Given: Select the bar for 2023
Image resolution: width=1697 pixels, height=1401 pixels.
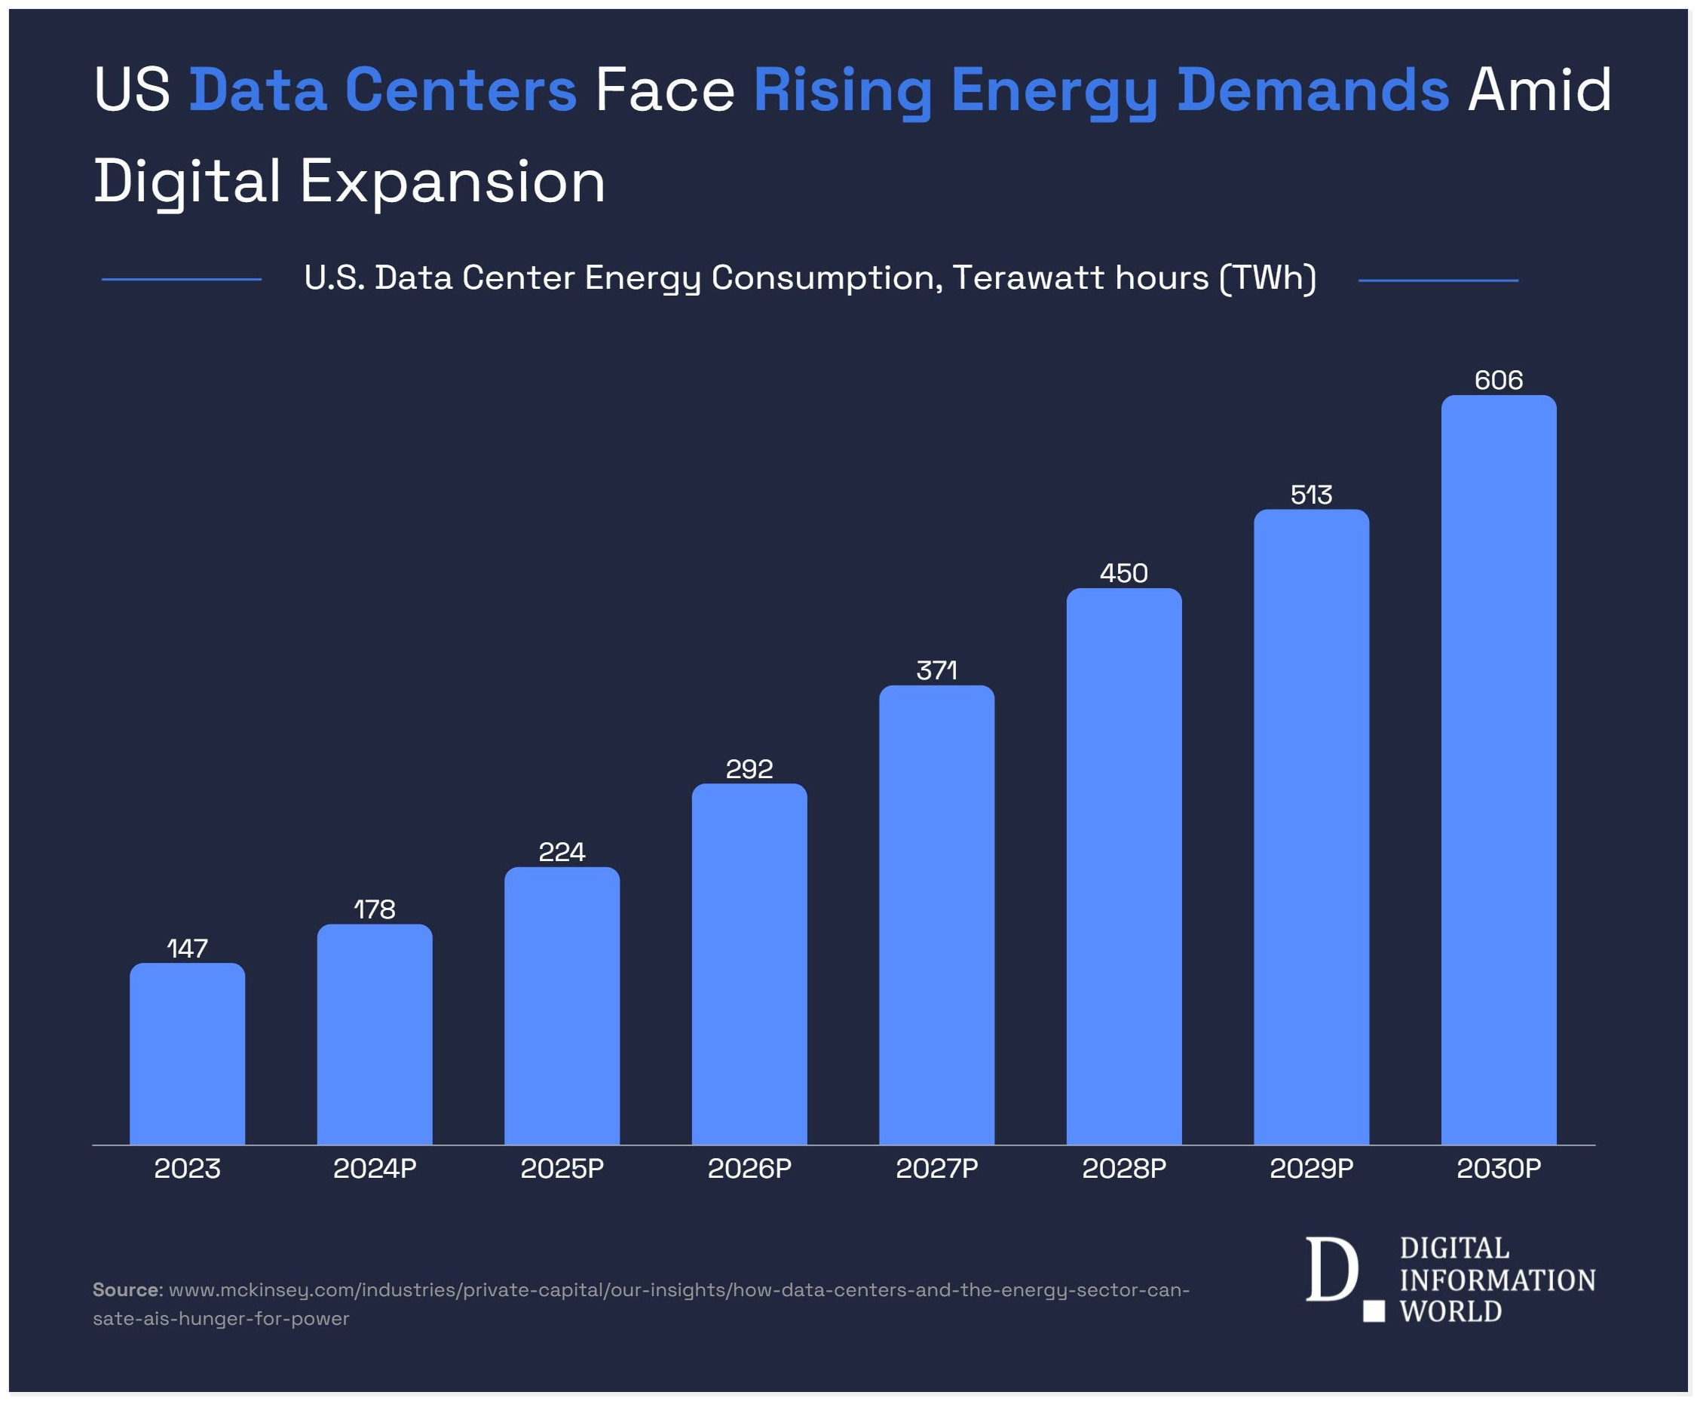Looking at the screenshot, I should click(x=187, y=1053).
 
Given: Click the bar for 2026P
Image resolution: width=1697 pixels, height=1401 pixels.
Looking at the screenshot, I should click(x=749, y=964).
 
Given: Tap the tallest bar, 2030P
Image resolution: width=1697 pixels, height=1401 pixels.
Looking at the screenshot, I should click(x=1499, y=770).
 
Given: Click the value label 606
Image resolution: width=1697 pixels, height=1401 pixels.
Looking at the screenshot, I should click(x=1499, y=380).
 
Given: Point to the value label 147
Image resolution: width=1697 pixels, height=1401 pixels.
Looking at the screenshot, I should click(x=187, y=949).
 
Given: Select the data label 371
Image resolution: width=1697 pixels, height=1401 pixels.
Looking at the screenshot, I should click(x=937, y=670).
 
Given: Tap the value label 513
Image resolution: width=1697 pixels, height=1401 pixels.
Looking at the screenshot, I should click(x=1311, y=495).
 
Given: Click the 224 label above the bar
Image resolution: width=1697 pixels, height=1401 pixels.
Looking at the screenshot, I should click(x=562, y=852).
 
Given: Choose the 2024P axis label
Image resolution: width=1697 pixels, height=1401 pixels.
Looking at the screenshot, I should click(x=375, y=1169).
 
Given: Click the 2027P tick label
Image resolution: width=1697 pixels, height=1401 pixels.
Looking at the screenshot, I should click(x=937, y=1169).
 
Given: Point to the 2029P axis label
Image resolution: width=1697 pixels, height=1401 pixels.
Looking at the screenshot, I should click(x=1311, y=1169).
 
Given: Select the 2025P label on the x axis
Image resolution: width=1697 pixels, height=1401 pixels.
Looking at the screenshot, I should click(x=562, y=1169).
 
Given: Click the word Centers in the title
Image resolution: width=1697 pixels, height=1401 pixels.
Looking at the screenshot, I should click(x=461, y=90).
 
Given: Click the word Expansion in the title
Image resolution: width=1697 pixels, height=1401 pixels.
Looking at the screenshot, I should click(x=452, y=182).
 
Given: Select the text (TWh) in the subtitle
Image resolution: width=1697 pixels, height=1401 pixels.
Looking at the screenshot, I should click(x=1268, y=277).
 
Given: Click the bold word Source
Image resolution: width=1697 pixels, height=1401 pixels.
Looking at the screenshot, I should click(x=127, y=1289).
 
